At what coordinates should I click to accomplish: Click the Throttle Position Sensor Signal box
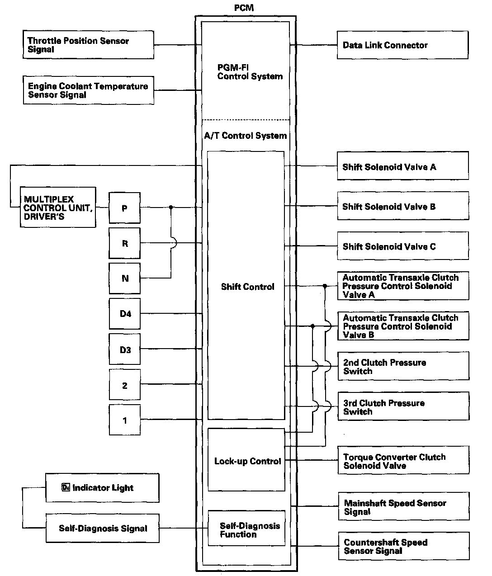(x=88, y=45)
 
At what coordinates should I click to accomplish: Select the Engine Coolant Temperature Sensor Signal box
(x=88, y=90)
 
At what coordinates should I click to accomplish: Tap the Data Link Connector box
(x=402, y=45)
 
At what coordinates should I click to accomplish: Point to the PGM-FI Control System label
(x=250, y=72)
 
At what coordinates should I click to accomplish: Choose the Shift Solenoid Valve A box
(x=402, y=167)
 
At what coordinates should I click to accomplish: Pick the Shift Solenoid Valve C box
(x=402, y=246)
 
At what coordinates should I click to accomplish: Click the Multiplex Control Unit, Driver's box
(x=58, y=208)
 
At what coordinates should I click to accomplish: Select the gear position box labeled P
(x=124, y=208)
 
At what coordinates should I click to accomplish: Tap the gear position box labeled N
(x=125, y=279)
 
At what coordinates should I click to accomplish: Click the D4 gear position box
(x=125, y=314)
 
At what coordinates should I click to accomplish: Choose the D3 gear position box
(x=125, y=349)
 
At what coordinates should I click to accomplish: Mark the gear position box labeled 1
(x=125, y=420)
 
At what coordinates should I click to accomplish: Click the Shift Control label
(x=247, y=287)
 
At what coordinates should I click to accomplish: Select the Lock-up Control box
(x=246, y=460)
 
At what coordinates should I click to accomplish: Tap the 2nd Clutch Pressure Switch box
(x=403, y=367)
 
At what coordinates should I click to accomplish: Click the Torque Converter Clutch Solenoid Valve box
(x=403, y=461)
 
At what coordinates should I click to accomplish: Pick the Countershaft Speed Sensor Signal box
(x=403, y=546)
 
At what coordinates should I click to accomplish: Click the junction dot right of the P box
(x=171, y=208)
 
